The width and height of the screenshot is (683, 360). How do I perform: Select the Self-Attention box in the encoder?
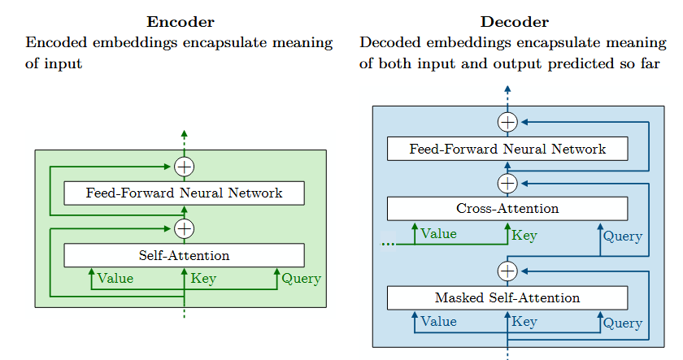tap(184, 255)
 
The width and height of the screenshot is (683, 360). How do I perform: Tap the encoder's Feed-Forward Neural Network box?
tap(184, 193)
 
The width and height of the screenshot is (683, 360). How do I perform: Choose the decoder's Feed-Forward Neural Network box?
tap(507, 150)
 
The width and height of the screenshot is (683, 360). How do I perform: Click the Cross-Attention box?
tap(507, 209)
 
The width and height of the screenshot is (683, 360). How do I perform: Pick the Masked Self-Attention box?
tap(507, 298)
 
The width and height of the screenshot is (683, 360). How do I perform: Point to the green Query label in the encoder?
tap(301, 279)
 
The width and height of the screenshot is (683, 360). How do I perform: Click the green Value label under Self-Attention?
tap(115, 279)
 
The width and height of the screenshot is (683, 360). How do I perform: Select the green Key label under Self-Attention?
tap(203, 279)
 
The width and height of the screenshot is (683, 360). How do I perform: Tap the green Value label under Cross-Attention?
tap(438, 234)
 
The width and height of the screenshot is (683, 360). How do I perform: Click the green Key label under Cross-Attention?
tap(524, 236)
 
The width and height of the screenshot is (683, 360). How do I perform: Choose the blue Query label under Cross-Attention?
tap(622, 237)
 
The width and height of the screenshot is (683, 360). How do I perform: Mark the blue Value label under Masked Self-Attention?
tap(438, 322)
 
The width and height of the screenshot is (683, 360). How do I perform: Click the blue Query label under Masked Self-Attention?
tap(622, 323)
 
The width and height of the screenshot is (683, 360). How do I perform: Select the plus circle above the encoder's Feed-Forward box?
tap(185, 167)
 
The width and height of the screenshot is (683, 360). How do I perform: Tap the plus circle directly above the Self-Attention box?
tap(185, 228)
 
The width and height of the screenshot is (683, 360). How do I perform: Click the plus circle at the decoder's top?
tap(507, 123)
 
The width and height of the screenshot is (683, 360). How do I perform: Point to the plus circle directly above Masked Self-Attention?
tap(507, 270)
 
